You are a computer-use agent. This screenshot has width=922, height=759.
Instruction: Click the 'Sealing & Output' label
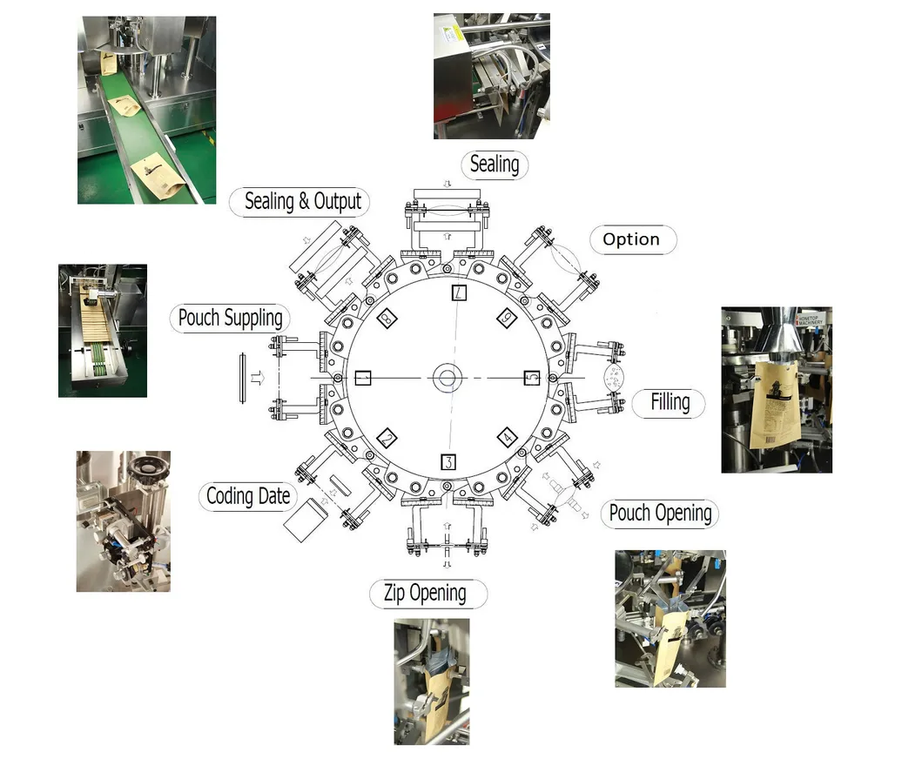coord(302,202)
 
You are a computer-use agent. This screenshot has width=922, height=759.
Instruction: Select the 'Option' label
coord(631,239)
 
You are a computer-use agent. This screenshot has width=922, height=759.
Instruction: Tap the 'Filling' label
coord(670,402)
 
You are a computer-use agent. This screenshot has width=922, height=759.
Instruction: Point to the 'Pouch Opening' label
coord(660,514)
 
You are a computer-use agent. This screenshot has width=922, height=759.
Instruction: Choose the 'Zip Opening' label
coord(426,594)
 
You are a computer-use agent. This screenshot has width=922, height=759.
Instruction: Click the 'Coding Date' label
coord(248,497)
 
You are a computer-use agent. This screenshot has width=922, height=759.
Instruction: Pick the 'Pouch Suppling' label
coord(230,318)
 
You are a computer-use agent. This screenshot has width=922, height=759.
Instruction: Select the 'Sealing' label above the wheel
coord(494,164)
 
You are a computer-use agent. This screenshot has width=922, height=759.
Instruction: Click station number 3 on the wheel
coord(448,461)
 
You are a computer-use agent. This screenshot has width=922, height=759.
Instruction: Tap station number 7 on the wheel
coord(460,293)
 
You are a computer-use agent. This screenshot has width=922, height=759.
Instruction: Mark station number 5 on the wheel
coord(531,378)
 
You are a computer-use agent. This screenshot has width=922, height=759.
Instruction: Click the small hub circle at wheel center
coord(448,378)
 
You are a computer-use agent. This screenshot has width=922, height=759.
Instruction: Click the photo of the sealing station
coord(491,76)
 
